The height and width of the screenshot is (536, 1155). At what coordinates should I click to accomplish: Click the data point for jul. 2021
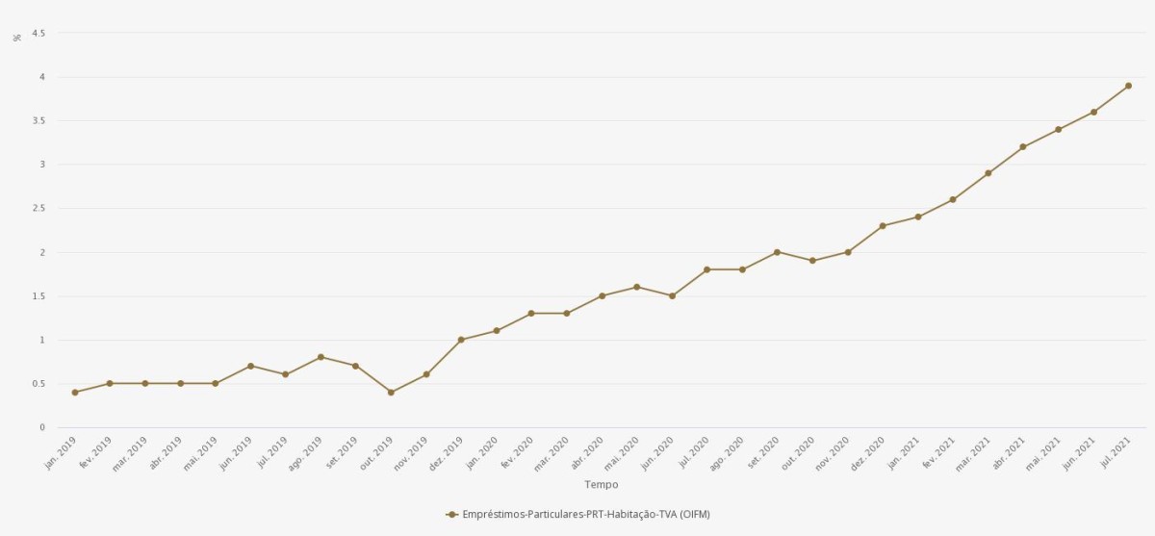tap(1128, 86)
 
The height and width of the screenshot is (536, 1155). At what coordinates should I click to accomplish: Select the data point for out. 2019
tap(391, 393)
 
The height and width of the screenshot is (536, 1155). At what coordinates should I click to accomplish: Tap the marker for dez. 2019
tap(461, 340)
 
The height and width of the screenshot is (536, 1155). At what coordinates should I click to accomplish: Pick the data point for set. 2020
tap(777, 252)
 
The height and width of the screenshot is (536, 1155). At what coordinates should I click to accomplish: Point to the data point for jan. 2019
tap(75, 393)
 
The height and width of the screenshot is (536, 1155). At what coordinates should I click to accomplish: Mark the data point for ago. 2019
tap(321, 357)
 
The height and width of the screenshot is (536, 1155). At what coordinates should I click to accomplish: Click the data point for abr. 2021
tap(1023, 147)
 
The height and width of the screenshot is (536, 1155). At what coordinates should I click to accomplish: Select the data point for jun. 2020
tap(672, 295)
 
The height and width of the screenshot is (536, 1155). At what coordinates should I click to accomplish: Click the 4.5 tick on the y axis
tap(38, 33)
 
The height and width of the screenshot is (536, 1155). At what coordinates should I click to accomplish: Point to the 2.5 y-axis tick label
tap(38, 208)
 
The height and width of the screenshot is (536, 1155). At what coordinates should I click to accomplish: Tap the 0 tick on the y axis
tap(41, 427)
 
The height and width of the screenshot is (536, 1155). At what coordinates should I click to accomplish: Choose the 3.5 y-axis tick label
tap(38, 120)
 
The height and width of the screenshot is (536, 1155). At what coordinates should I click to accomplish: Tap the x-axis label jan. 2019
tap(62, 452)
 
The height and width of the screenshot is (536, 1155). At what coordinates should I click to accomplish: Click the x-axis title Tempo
tap(602, 484)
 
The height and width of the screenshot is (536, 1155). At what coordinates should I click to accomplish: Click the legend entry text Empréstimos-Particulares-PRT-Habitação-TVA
tap(586, 515)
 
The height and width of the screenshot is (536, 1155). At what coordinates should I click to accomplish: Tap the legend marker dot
tap(451, 515)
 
